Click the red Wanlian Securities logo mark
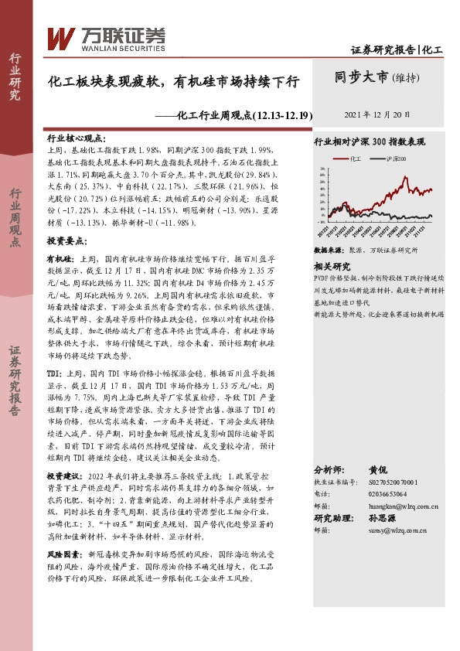(x=60, y=37)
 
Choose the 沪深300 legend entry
(x=389, y=158)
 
